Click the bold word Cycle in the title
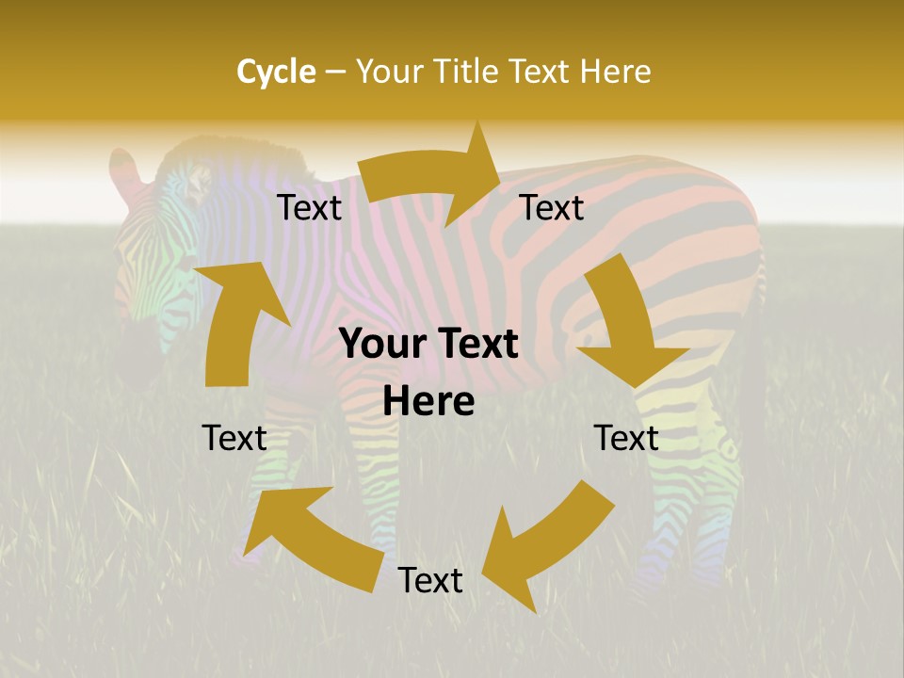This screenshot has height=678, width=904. [x=276, y=72]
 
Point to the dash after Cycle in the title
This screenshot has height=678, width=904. [x=335, y=73]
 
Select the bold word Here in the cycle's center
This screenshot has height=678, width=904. [x=428, y=402]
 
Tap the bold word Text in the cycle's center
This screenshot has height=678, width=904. [x=476, y=345]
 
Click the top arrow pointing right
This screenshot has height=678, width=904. [x=433, y=176]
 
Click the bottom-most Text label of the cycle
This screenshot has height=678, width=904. [x=430, y=581]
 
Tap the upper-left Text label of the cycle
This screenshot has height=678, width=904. [x=309, y=208]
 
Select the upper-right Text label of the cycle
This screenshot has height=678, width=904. [x=552, y=208]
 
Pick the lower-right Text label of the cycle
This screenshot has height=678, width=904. [x=626, y=438]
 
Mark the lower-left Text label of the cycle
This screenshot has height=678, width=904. [x=234, y=438]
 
